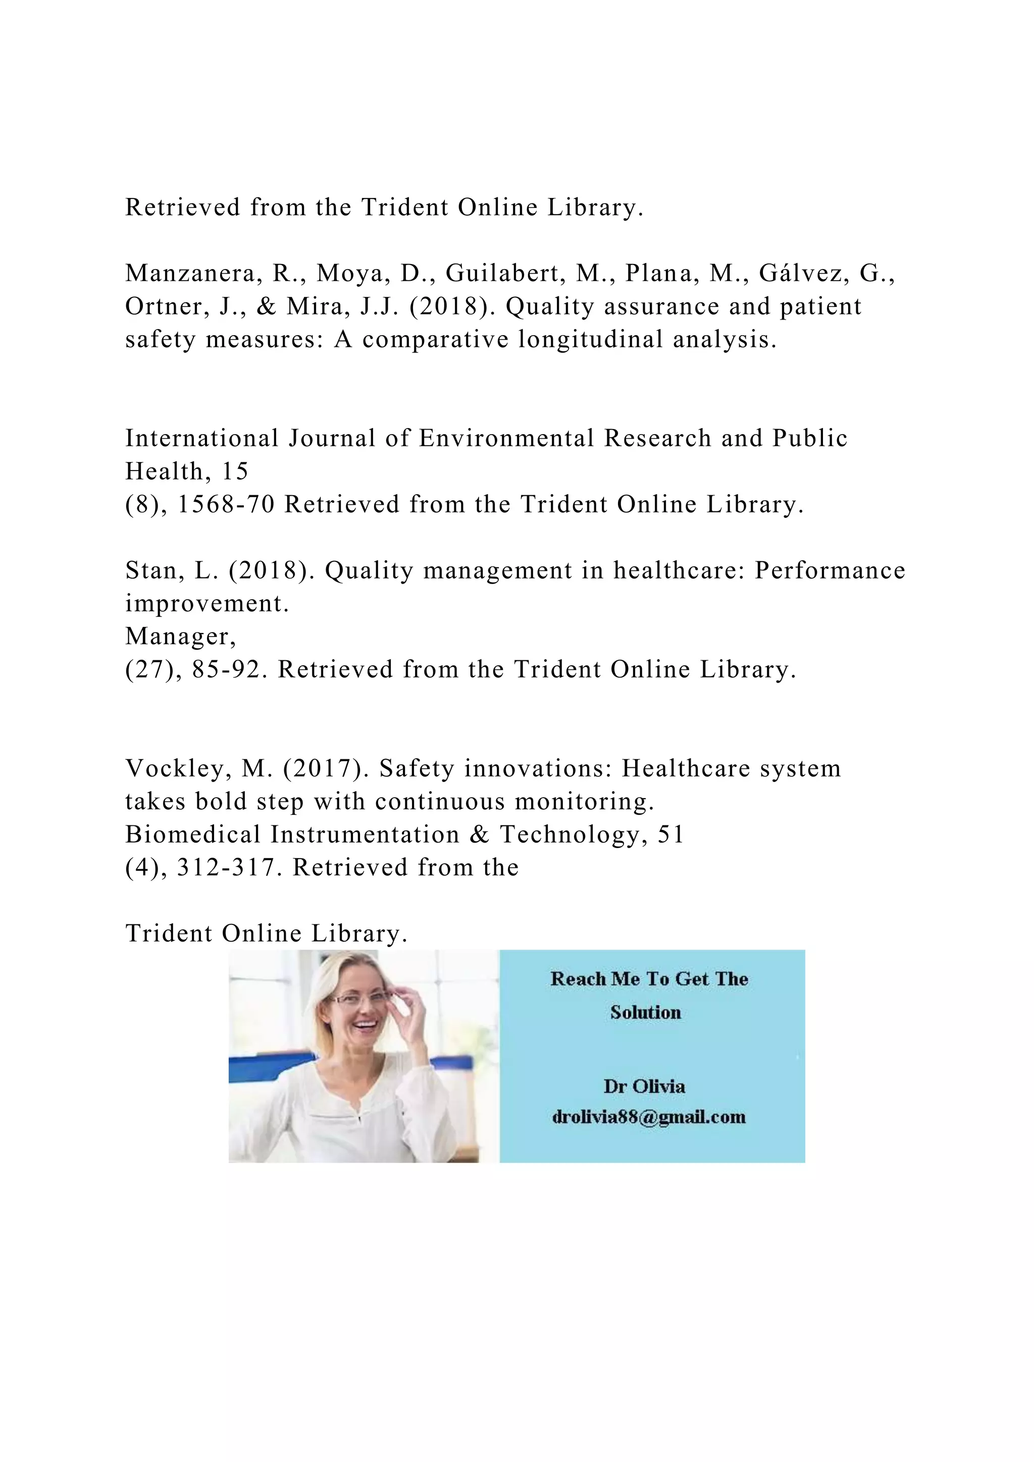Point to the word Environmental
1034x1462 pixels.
point(506,438)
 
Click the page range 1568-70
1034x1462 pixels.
point(226,504)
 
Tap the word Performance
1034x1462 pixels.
point(830,570)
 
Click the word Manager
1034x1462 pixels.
point(180,636)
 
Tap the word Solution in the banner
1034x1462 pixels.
point(646,1013)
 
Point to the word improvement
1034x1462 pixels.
point(206,604)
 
